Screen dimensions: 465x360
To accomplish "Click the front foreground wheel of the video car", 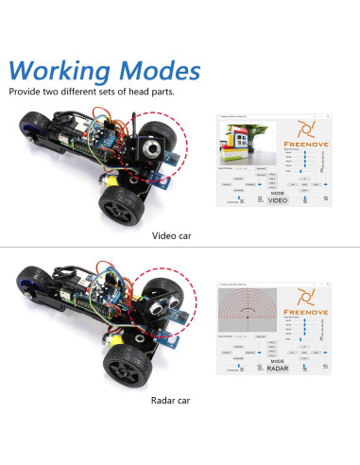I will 121,201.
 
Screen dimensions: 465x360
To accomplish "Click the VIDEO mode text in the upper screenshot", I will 277,199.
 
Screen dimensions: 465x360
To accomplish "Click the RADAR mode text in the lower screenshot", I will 276,367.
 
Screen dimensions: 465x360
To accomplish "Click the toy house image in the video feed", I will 241,147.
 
